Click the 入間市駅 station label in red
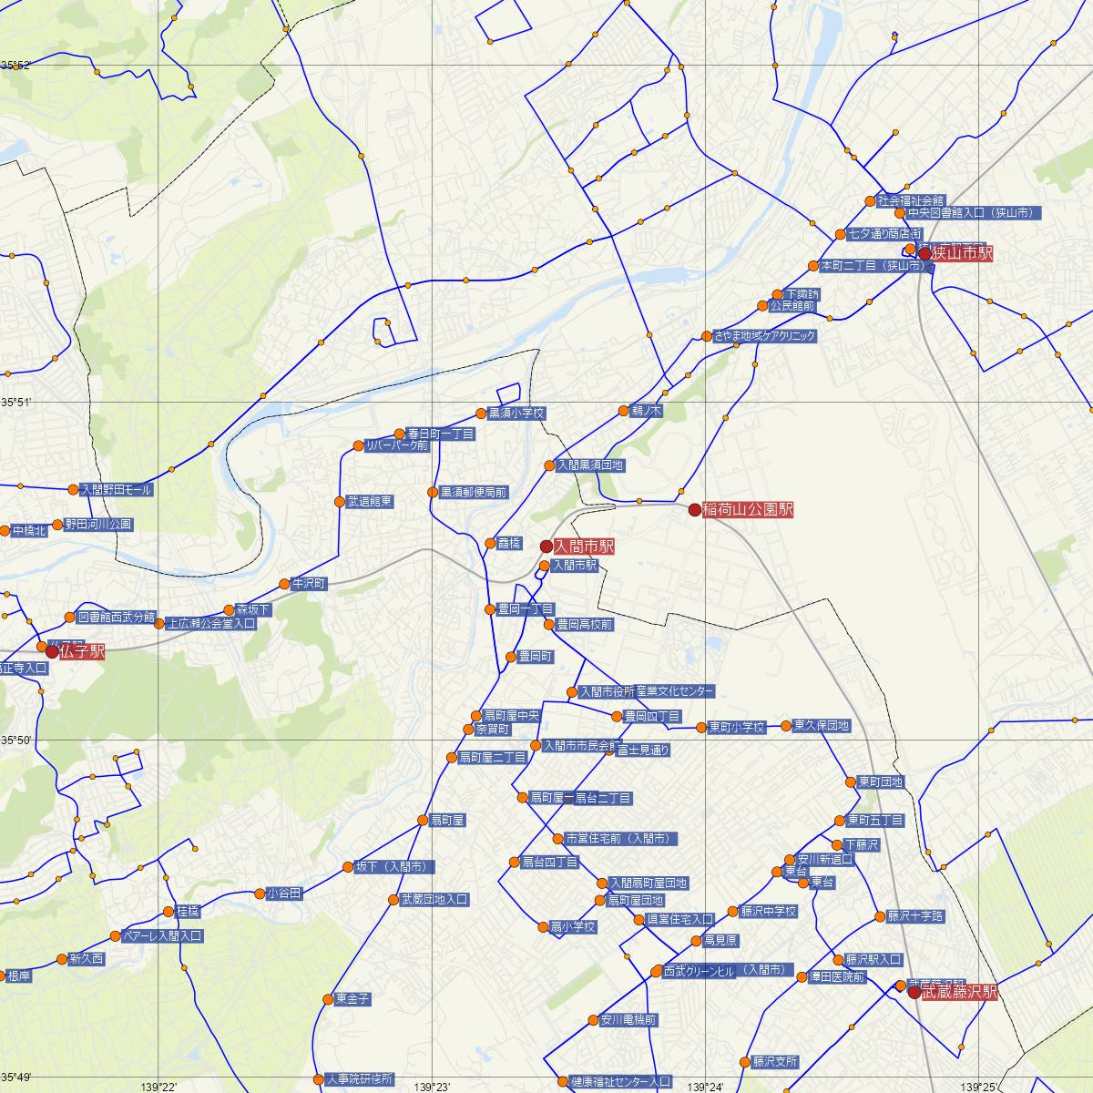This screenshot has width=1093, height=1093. coord(584,546)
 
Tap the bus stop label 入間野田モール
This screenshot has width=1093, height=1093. coord(117,489)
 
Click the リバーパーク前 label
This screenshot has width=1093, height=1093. coord(396,445)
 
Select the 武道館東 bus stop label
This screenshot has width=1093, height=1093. coord(370,502)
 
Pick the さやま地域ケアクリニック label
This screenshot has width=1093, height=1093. coord(764,336)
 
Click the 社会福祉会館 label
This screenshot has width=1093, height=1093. coord(911,200)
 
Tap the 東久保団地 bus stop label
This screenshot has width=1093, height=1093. coord(821,726)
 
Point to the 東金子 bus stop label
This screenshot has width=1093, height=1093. coord(352,999)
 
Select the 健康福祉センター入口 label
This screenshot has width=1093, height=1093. coord(619,1082)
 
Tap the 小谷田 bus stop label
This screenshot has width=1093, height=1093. coord(284,894)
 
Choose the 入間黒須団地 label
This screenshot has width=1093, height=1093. coord(590,465)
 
